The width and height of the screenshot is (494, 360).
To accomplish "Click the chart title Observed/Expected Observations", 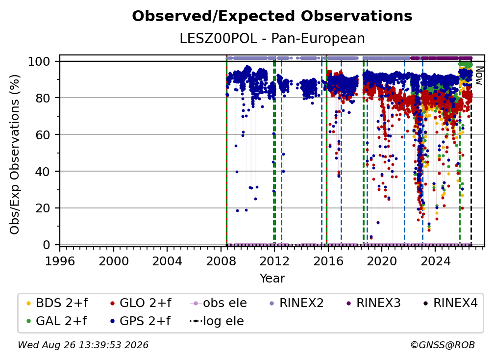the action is pyautogui.click(x=272, y=16).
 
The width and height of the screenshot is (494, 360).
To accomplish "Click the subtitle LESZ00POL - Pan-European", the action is pyautogui.click(x=272, y=38).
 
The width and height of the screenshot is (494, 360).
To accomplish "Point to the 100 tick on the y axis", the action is pyautogui.click(x=44, y=61).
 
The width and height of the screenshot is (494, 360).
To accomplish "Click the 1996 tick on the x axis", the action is pyautogui.click(x=60, y=261).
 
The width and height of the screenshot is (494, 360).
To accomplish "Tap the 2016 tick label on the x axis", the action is pyautogui.click(x=328, y=261).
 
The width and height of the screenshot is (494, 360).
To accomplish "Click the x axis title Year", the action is pyautogui.click(x=272, y=279).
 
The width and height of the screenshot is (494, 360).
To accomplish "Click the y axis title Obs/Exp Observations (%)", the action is pyautogui.click(x=15, y=154).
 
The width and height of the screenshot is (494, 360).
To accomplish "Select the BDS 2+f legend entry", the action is pyautogui.click(x=57, y=303).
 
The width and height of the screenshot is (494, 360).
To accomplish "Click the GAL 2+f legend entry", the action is pyautogui.click(x=57, y=321).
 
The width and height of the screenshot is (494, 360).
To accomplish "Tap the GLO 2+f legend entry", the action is pyautogui.click(x=141, y=303).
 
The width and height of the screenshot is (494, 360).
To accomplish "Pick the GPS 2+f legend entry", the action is pyautogui.click(x=141, y=321).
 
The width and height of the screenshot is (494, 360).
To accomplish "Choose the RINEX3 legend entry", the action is pyautogui.click(x=373, y=303).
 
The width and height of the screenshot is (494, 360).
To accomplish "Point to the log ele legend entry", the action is pyautogui.click(x=217, y=321).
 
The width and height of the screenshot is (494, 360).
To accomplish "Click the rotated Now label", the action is pyautogui.click(x=479, y=76).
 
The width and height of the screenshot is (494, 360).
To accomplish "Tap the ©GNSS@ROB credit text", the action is pyautogui.click(x=443, y=345).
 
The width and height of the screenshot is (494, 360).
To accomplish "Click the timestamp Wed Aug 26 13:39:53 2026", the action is pyautogui.click(x=83, y=345).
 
